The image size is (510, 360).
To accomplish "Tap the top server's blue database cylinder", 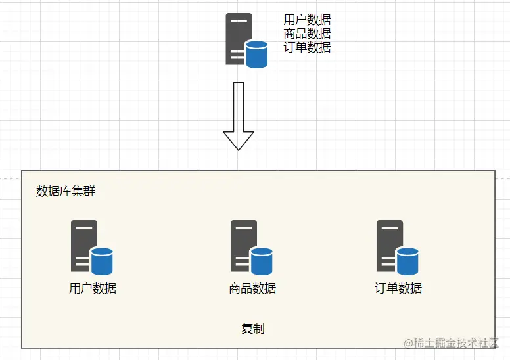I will tap(256, 54).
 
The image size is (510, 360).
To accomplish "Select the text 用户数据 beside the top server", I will tap(307, 20).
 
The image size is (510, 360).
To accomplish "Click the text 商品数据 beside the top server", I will tap(307, 34).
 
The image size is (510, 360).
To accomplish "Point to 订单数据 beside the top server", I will tap(307, 47).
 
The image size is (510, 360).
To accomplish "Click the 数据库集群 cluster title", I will tap(66, 191).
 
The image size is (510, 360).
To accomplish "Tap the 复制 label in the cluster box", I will tap(253, 328).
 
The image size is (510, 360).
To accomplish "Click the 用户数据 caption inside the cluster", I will tap(93, 288).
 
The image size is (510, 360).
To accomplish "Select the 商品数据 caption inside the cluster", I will tap(252, 288).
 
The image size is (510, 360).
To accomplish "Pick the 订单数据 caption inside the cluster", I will tap(398, 288).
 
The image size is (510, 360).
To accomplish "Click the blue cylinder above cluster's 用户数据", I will tap(102, 261).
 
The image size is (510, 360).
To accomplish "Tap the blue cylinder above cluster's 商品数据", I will tap(262, 261).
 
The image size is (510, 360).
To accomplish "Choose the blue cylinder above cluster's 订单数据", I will tap(407, 261).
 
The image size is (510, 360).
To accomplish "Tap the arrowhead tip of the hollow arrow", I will tap(239, 148).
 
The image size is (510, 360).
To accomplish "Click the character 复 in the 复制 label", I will tap(247, 328).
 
